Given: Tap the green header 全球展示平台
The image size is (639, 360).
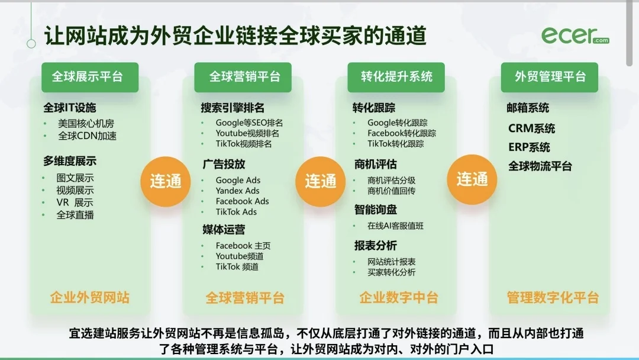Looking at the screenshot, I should pyautogui.click(x=90, y=77).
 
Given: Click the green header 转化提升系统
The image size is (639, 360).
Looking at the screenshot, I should pyautogui.click(x=396, y=77).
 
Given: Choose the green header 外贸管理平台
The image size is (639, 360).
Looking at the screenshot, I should pyautogui.click(x=550, y=77).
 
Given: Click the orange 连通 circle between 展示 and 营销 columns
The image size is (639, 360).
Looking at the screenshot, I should pyautogui.click(x=166, y=181).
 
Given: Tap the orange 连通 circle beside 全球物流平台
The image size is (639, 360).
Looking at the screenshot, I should pyautogui.click(x=472, y=179).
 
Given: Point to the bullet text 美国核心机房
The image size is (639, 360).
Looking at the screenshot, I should pyautogui.click(x=85, y=124).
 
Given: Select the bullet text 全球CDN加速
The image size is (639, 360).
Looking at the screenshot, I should pyautogui.click(x=87, y=136).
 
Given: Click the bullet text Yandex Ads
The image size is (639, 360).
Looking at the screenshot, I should pyautogui.click(x=237, y=191).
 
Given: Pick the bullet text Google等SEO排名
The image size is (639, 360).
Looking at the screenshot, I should pyautogui.click(x=249, y=123).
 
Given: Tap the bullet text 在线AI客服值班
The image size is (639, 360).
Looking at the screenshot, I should pyautogui.click(x=395, y=226).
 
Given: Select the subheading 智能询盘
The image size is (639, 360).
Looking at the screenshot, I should pyautogui.click(x=376, y=210).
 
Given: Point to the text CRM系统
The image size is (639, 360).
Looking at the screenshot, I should pyautogui.click(x=531, y=128).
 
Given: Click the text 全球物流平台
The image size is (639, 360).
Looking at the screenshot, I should pyautogui.click(x=540, y=166).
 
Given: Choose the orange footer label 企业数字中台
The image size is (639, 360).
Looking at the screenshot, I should pyautogui.click(x=399, y=297).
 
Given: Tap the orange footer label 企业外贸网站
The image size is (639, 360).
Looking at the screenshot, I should pyautogui.click(x=90, y=297).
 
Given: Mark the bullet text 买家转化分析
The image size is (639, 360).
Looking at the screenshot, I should pyautogui.click(x=391, y=272).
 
